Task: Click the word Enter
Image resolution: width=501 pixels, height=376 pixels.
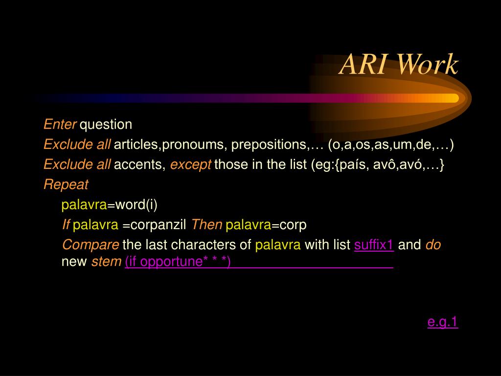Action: tap(60, 124)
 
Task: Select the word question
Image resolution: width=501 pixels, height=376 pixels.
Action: tap(106, 125)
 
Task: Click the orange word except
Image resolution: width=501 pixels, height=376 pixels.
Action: tap(190, 165)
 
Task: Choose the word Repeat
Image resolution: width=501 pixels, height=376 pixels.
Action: tap(66, 185)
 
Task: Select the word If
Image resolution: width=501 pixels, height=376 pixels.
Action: tap(66, 225)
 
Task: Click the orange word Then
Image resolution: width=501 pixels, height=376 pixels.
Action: tap(206, 225)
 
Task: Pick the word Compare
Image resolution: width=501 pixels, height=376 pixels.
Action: tap(91, 245)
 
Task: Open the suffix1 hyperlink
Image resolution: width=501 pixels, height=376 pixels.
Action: tap(374, 245)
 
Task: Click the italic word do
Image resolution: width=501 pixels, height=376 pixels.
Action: tap(433, 245)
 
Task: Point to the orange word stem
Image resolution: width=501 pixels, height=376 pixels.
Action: tap(106, 262)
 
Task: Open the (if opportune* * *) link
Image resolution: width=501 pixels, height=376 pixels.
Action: tap(178, 262)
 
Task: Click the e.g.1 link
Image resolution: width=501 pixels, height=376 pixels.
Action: tap(442, 322)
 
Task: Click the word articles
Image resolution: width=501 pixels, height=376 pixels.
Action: tap(136, 145)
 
